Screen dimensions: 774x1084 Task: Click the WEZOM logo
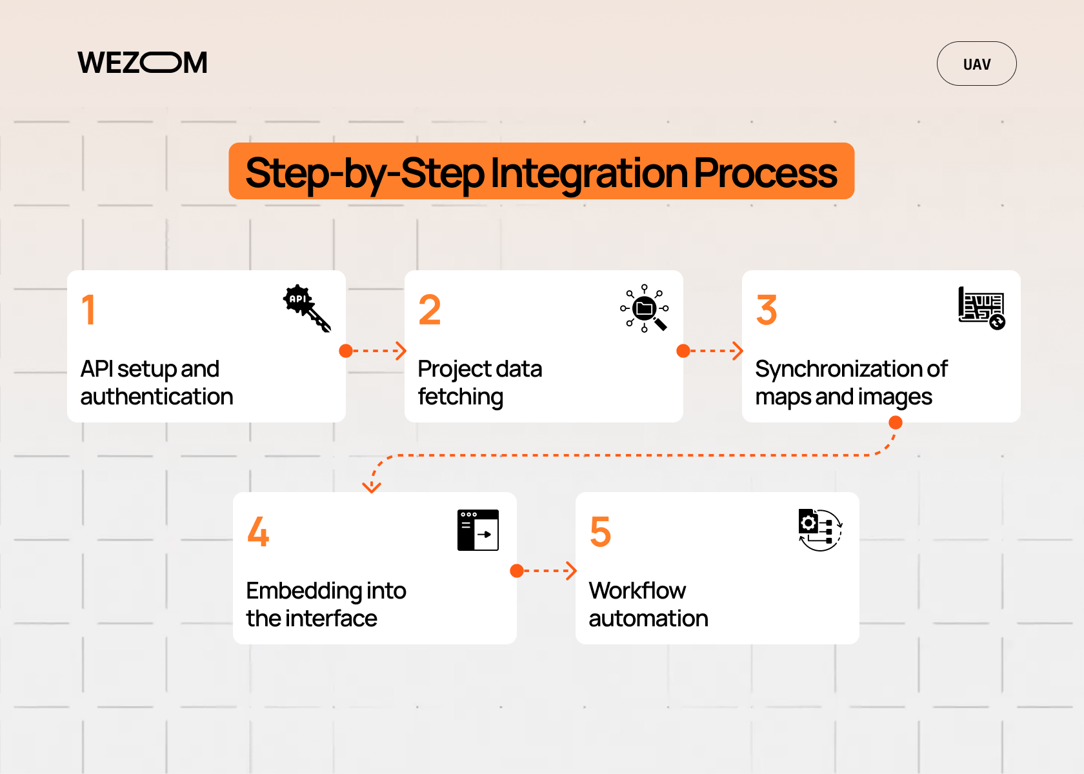[x=143, y=63]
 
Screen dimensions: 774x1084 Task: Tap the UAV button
[x=976, y=64]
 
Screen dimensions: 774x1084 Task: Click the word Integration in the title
[x=588, y=173]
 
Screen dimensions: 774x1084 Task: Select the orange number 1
[x=89, y=310]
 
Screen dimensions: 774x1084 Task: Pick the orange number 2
[x=429, y=310]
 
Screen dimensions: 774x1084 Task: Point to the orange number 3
[x=767, y=310]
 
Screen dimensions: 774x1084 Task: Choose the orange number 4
[x=258, y=531]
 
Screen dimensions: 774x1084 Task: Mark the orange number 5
[x=600, y=531]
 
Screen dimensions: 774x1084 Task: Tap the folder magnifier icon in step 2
[x=645, y=308]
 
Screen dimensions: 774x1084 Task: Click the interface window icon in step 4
[x=478, y=530]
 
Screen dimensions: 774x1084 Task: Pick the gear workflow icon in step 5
[x=820, y=530]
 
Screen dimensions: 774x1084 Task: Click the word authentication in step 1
[x=157, y=397]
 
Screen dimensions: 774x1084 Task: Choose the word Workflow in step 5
[x=637, y=591]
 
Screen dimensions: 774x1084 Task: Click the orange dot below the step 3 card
[x=896, y=422]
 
